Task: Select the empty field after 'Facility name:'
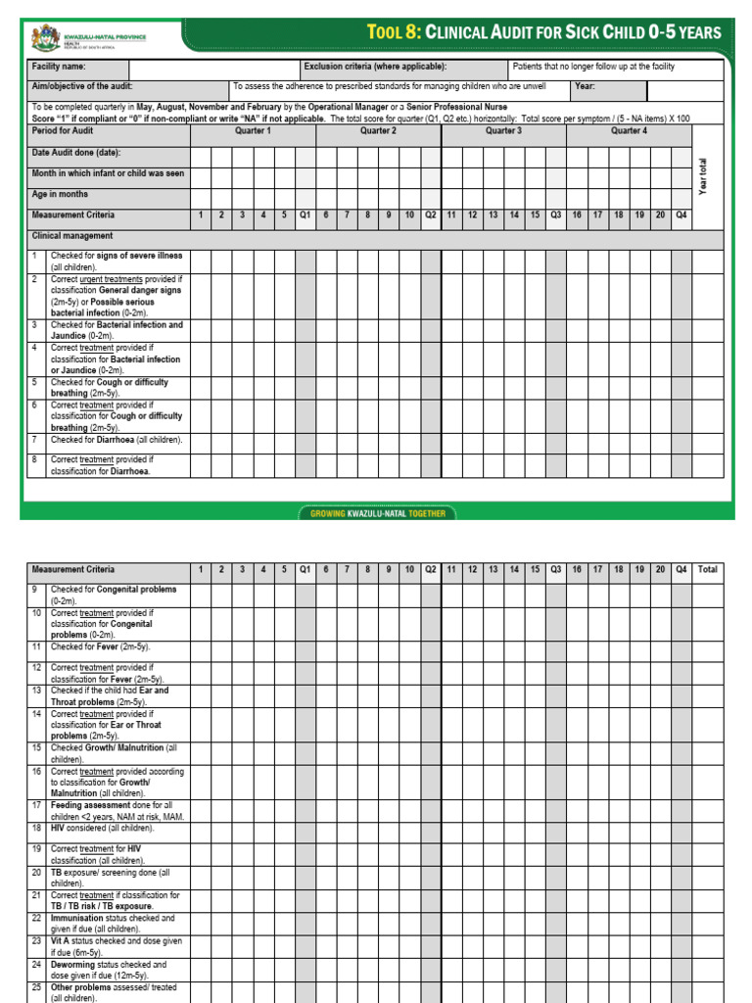pyautogui.click(x=213, y=68)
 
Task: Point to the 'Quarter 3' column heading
pyautogui.click(x=503, y=130)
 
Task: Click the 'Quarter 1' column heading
pyautogui.click(x=253, y=130)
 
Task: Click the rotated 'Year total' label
pyautogui.click(x=703, y=176)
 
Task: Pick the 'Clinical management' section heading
pyautogui.click(x=72, y=236)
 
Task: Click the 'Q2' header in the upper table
pyautogui.click(x=431, y=215)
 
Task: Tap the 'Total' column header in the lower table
pyautogui.click(x=707, y=569)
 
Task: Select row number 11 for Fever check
pyautogui.click(x=35, y=646)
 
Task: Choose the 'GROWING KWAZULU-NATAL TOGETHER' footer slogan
pyautogui.click(x=377, y=513)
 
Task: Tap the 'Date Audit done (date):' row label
pyautogui.click(x=76, y=153)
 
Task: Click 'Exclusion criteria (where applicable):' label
pyautogui.click(x=375, y=68)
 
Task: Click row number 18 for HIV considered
pyautogui.click(x=35, y=828)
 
